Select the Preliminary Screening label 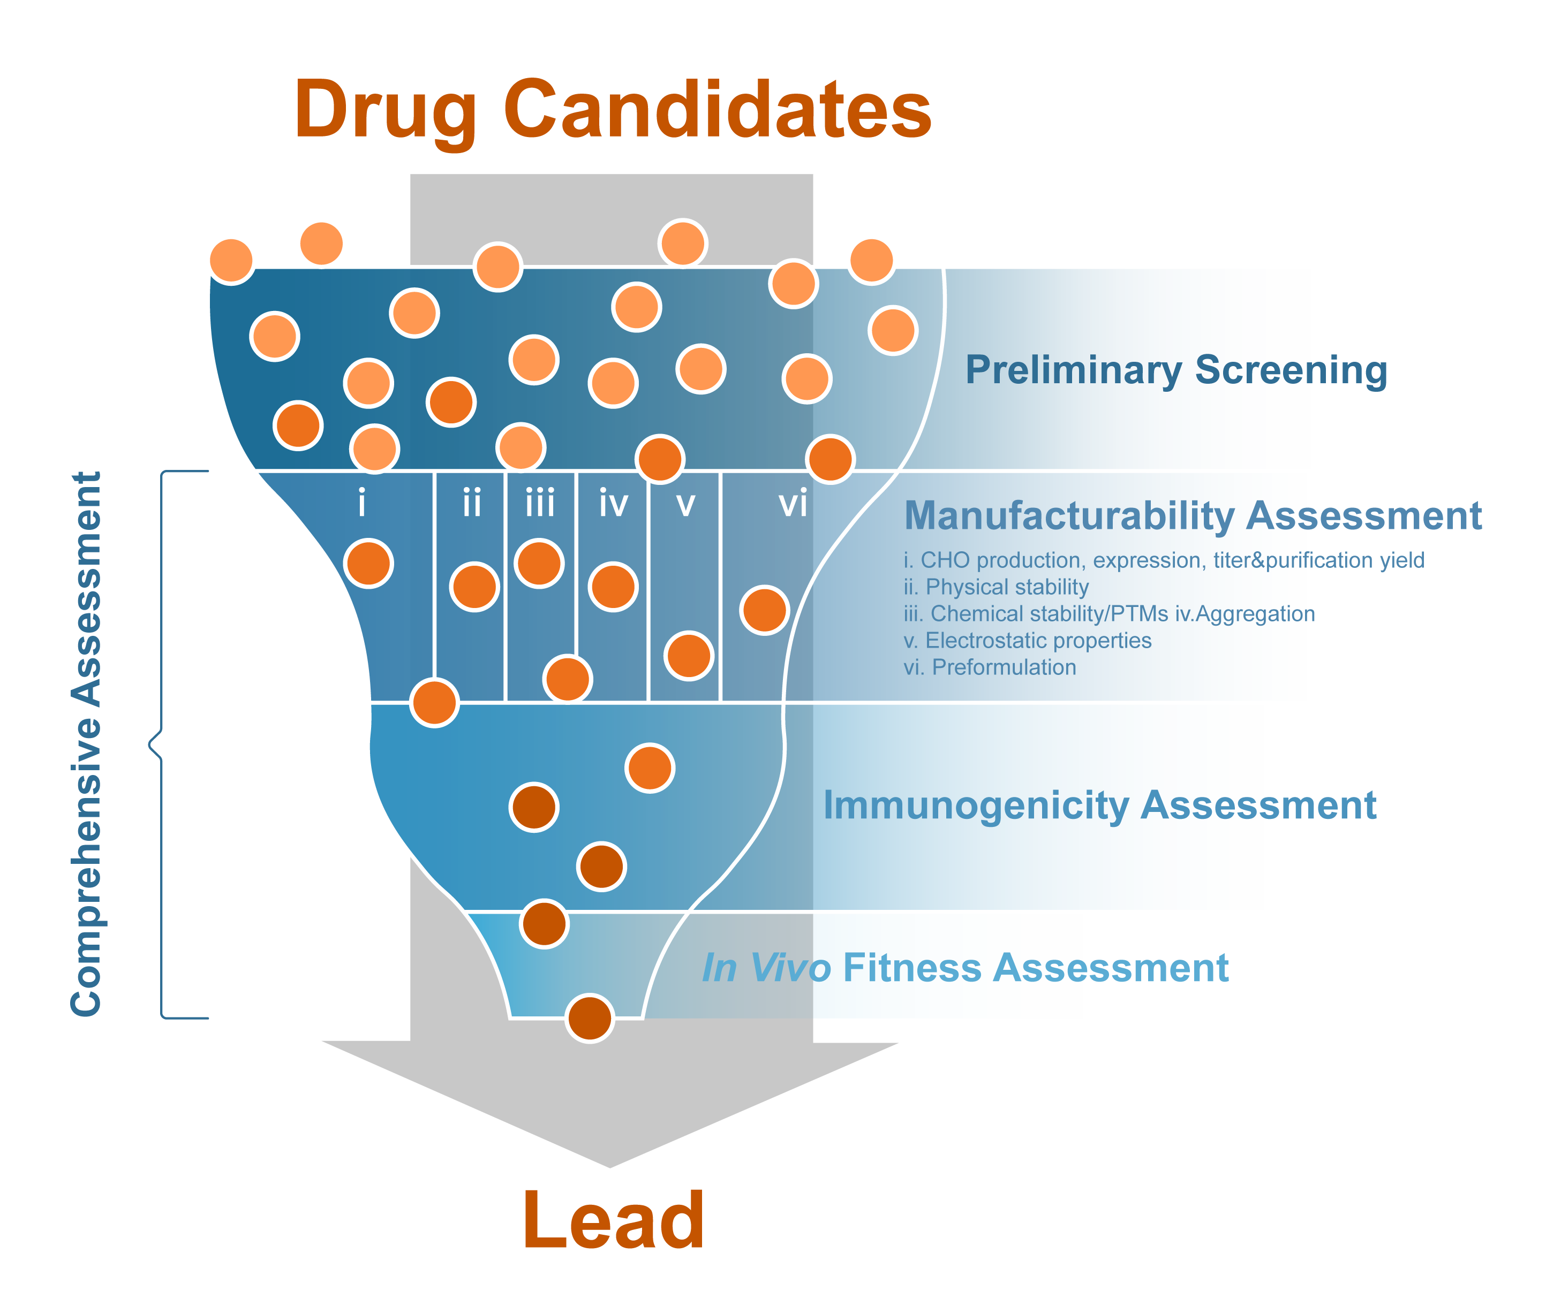pyautogui.click(x=1176, y=370)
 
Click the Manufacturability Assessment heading pyautogui.click(x=1193, y=516)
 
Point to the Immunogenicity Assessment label pyautogui.click(x=1099, y=806)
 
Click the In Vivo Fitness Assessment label pyautogui.click(x=965, y=968)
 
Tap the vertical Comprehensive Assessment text pyautogui.click(x=86, y=743)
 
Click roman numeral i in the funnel pyautogui.click(x=362, y=503)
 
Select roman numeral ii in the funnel pyautogui.click(x=472, y=503)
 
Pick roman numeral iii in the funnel pyautogui.click(x=540, y=503)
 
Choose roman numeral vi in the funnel pyautogui.click(x=793, y=504)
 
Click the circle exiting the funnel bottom pyautogui.click(x=590, y=1018)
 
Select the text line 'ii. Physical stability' pyautogui.click(x=996, y=587)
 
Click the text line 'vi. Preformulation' pyautogui.click(x=990, y=667)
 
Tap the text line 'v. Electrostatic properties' pyautogui.click(x=1027, y=641)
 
